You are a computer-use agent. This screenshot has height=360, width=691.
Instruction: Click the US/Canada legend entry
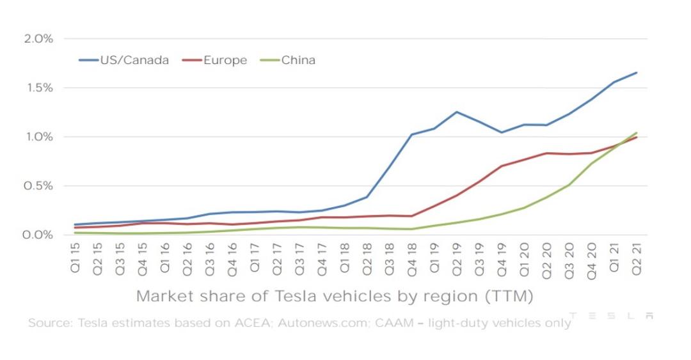click(x=124, y=60)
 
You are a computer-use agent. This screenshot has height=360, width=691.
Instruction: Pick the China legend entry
click(x=289, y=60)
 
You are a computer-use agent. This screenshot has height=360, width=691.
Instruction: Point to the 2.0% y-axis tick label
click(x=38, y=38)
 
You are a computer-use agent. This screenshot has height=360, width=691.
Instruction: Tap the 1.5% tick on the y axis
click(x=38, y=88)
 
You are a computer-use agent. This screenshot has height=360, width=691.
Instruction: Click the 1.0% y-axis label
click(x=38, y=137)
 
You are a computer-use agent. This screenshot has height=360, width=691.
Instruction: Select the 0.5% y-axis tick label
click(x=38, y=186)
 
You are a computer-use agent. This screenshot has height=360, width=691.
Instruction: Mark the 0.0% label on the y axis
click(x=38, y=235)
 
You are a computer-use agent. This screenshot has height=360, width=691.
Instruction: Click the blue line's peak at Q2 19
click(x=457, y=112)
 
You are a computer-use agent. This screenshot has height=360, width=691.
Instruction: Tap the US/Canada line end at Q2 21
click(x=637, y=72)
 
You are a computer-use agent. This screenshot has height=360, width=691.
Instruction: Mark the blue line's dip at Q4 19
click(x=502, y=132)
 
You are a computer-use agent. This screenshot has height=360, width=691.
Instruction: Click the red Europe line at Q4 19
click(x=502, y=166)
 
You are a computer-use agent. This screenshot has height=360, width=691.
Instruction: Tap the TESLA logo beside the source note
click(x=611, y=316)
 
